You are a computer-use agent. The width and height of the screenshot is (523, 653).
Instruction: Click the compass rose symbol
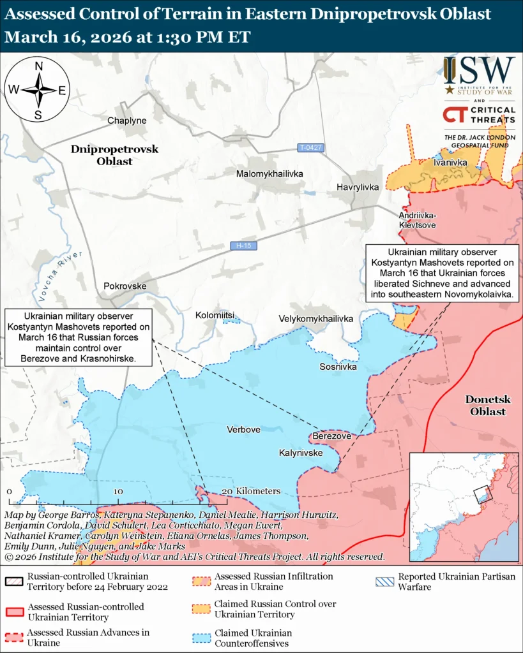38,90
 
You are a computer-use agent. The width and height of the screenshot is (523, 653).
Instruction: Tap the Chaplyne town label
126,121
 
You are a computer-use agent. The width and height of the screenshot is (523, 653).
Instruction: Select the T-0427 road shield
311,148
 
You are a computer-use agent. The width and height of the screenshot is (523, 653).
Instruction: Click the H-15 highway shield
243,246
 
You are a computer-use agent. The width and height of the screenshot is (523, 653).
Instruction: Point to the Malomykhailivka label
269,173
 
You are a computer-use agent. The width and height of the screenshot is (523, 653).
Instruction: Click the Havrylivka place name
358,187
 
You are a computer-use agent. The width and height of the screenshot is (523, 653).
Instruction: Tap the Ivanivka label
450,163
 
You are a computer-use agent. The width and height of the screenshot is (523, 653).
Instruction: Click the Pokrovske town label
125,286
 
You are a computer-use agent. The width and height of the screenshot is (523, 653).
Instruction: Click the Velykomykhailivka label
315,318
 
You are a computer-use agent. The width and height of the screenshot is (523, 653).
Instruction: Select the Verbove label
243,430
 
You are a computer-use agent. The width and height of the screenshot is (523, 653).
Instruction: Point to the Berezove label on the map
332,436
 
